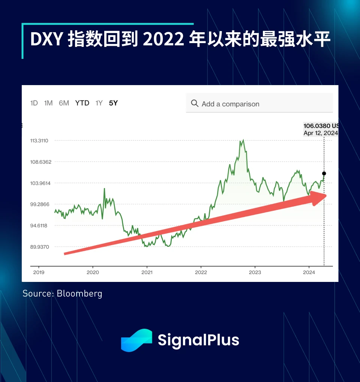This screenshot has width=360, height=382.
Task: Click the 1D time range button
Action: (34, 103)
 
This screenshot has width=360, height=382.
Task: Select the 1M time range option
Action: (48, 103)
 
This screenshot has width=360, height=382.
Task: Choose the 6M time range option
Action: (64, 103)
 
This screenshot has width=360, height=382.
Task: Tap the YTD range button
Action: (82, 103)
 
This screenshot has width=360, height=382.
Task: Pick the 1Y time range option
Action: (99, 103)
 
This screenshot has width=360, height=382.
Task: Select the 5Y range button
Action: (113, 103)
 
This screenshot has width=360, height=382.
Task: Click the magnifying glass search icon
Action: (195, 103)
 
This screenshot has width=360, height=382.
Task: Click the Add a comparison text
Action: (230, 104)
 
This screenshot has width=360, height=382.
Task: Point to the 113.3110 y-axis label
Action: (42, 141)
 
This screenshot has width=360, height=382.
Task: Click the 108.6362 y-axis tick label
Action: (42, 162)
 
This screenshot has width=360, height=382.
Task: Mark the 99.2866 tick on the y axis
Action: (42, 204)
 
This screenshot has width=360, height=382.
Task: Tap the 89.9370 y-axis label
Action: (42, 247)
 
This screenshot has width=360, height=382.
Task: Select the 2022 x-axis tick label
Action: (201, 272)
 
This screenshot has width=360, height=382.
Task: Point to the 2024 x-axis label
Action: (309, 272)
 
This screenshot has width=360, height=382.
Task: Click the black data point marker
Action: (324, 174)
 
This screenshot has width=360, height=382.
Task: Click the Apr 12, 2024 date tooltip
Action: (321, 133)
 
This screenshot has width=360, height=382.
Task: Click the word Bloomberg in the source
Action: (79, 293)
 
